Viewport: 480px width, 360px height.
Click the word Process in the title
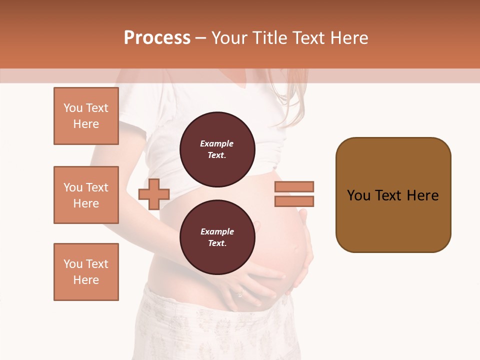click(x=157, y=38)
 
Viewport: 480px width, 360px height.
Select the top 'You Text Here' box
click(x=86, y=116)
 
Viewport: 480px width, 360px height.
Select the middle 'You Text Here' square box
click(x=86, y=195)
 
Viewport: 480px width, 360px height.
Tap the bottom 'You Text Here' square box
click(x=86, y=272)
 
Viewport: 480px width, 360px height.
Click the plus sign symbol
click(x=154, y=194)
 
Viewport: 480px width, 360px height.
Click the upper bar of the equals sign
click(x=294, y=186)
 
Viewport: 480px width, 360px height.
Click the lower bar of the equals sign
click(x=294, y=201)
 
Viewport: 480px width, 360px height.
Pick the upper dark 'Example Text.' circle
click(x=217, y=149)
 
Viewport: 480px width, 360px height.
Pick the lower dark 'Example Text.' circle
click(x=217, y=237)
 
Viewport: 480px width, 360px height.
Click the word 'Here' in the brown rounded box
click(x=422, y=195)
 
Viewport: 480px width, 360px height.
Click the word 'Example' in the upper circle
click(x=217, y=143)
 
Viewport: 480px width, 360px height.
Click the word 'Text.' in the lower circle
click(x=217, y=243)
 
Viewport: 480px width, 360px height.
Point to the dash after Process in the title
click(x=200, y=38)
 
